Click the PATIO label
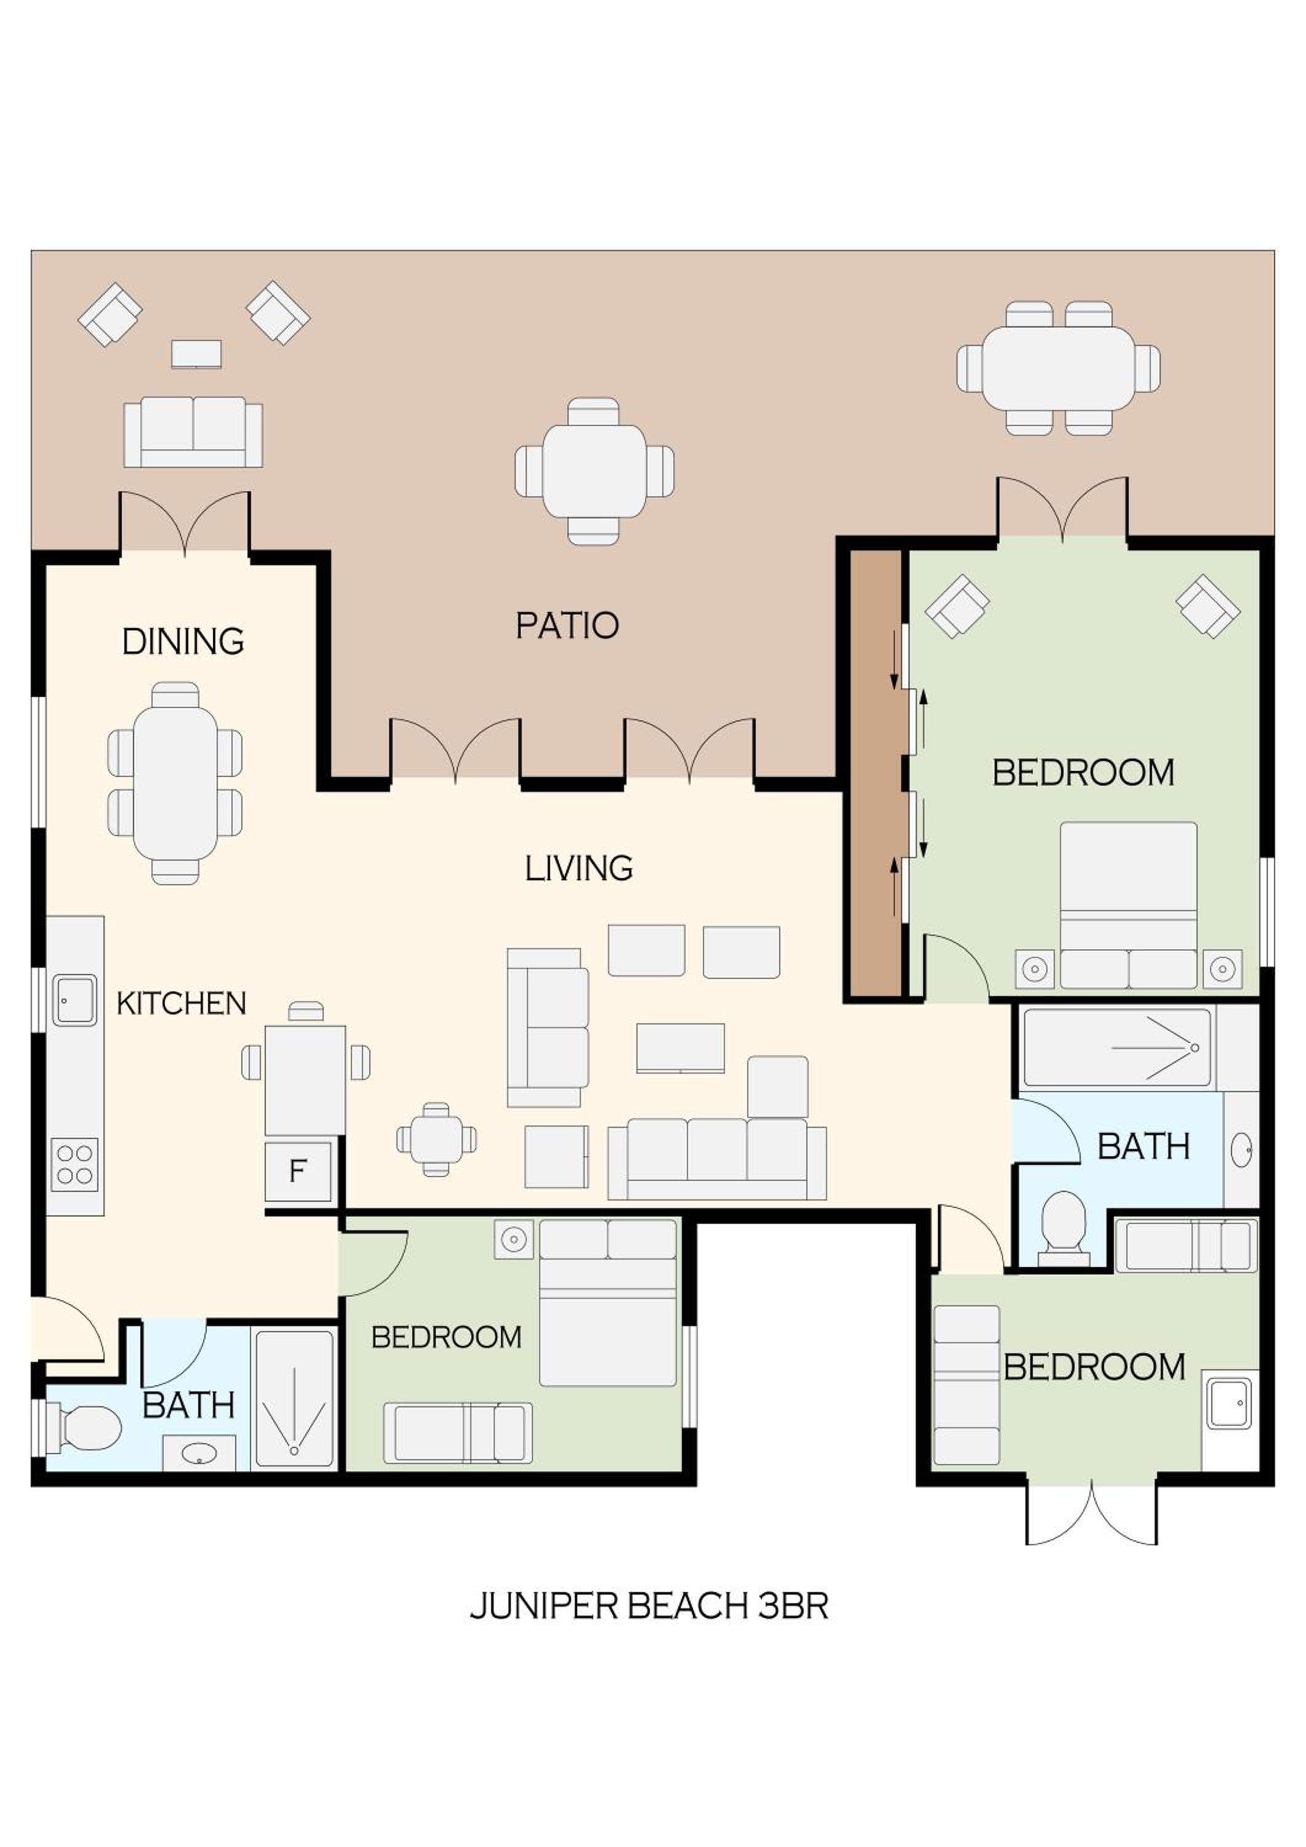tap(567, 626)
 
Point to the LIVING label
tap(579, 868)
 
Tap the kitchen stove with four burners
tap(75, 1165)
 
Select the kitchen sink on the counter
tap(75, 1000)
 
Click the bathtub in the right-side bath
tap(1118, 1047)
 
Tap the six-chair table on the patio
tap(1059, 368)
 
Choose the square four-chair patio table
tap(595, 470)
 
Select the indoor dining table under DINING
tap(175, 783)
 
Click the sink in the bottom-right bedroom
tap(1230, 1404)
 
